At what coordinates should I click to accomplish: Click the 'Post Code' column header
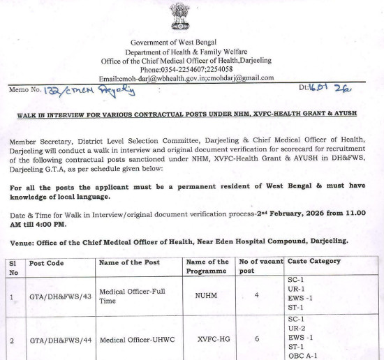pos(47,262)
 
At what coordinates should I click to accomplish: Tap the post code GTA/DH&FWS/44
pos(60,340)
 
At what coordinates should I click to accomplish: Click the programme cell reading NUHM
pos(207,296)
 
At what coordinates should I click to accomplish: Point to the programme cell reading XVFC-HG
pos(207,340)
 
